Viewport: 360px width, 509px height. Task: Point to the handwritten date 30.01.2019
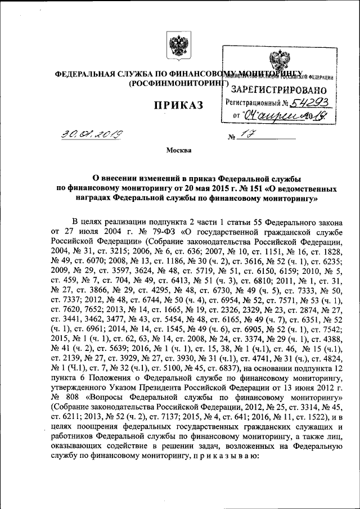(x=93, y=134)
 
